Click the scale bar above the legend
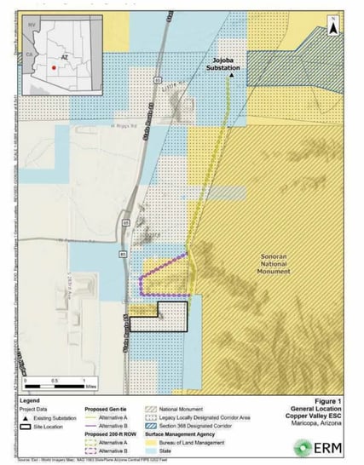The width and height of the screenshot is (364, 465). click(55, 371)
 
